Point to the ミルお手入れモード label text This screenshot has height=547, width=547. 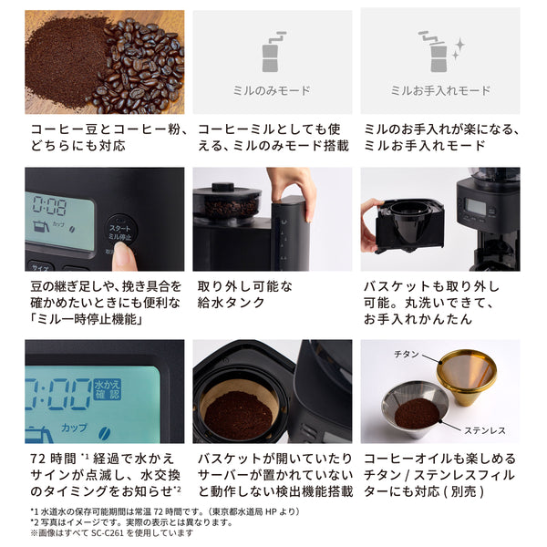pyautogui.click(x=441, y=90)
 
